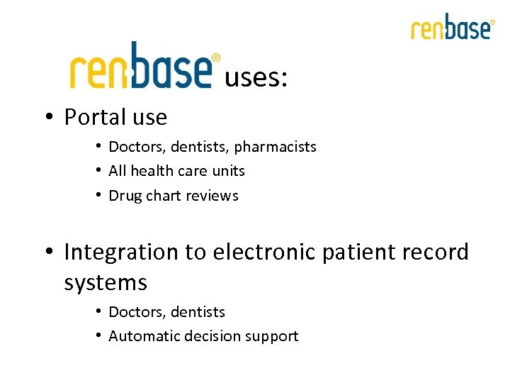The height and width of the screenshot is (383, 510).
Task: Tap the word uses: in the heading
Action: [x=256, y=78]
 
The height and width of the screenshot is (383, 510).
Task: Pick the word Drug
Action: [x=125, y=196]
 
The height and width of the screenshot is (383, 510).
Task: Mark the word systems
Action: [x=106, y=282]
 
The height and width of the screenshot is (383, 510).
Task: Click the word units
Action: [x=229, y=171]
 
